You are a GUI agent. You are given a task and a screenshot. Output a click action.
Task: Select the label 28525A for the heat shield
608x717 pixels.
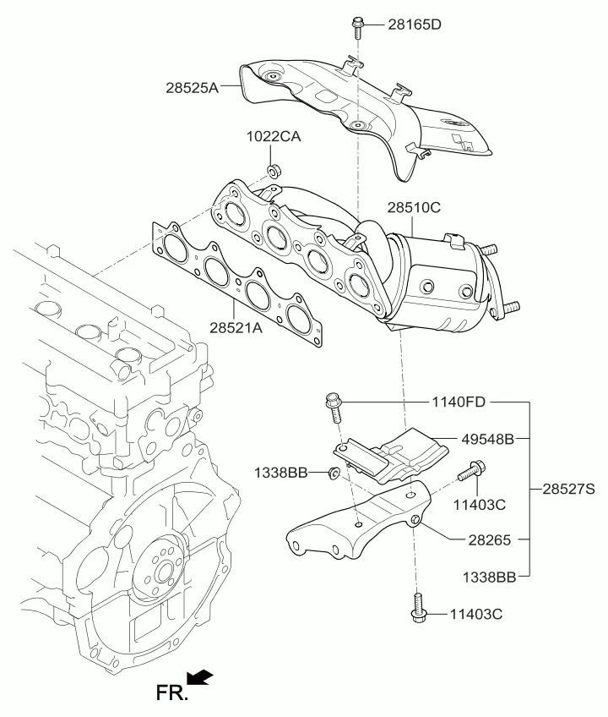193,86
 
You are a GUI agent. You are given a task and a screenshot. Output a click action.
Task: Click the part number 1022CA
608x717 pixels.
274,137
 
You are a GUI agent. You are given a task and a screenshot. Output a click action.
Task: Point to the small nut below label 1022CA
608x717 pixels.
274,172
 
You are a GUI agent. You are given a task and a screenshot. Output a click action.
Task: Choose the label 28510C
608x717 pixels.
414,205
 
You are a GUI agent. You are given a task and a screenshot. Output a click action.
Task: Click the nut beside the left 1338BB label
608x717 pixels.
334,472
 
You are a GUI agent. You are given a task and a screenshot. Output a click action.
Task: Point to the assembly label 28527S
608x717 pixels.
570,489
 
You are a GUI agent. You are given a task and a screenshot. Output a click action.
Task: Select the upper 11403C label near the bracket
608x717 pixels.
478,505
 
